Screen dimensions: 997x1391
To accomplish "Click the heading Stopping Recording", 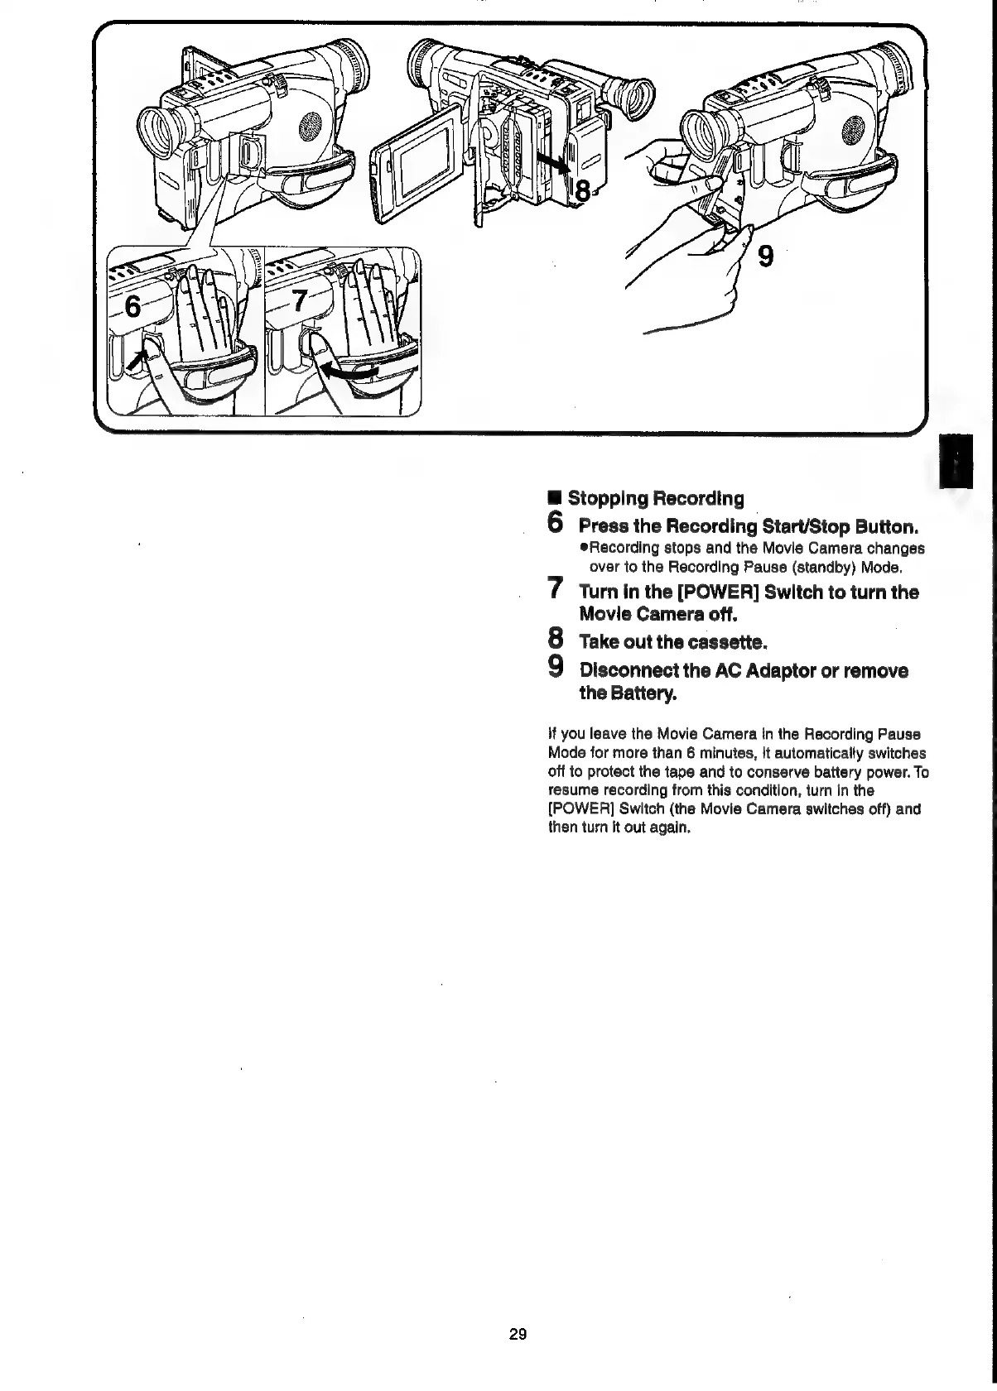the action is click(655, 499).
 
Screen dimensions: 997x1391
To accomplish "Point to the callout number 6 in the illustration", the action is click(130, 308).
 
